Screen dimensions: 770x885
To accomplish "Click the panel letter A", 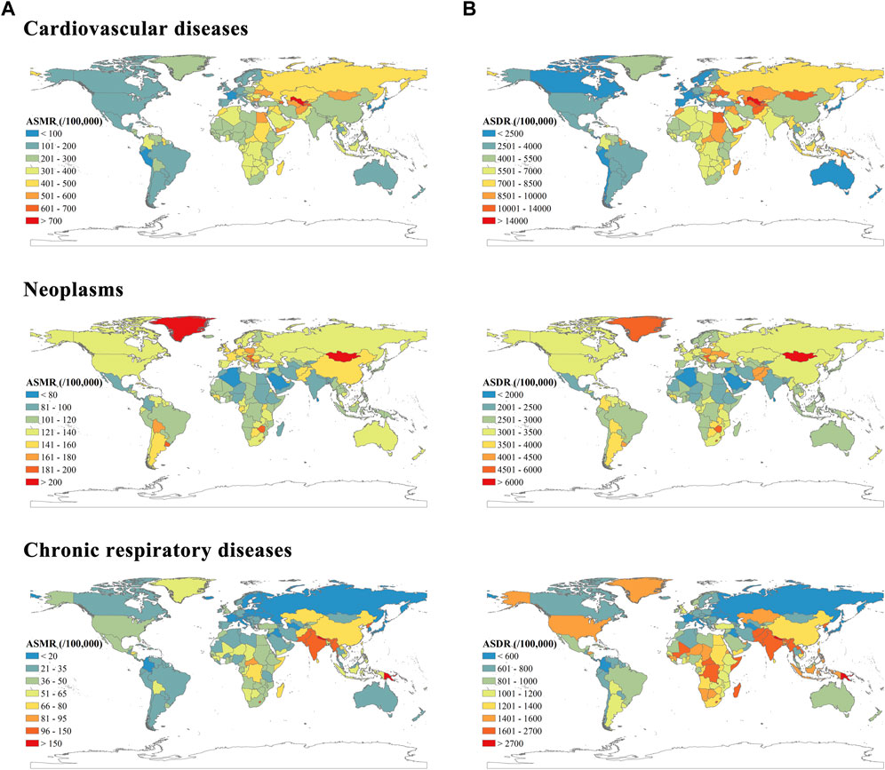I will pyautogui.click(x=7, y=8).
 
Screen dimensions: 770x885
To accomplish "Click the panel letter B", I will pyautogui.click(x=466, y=8).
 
